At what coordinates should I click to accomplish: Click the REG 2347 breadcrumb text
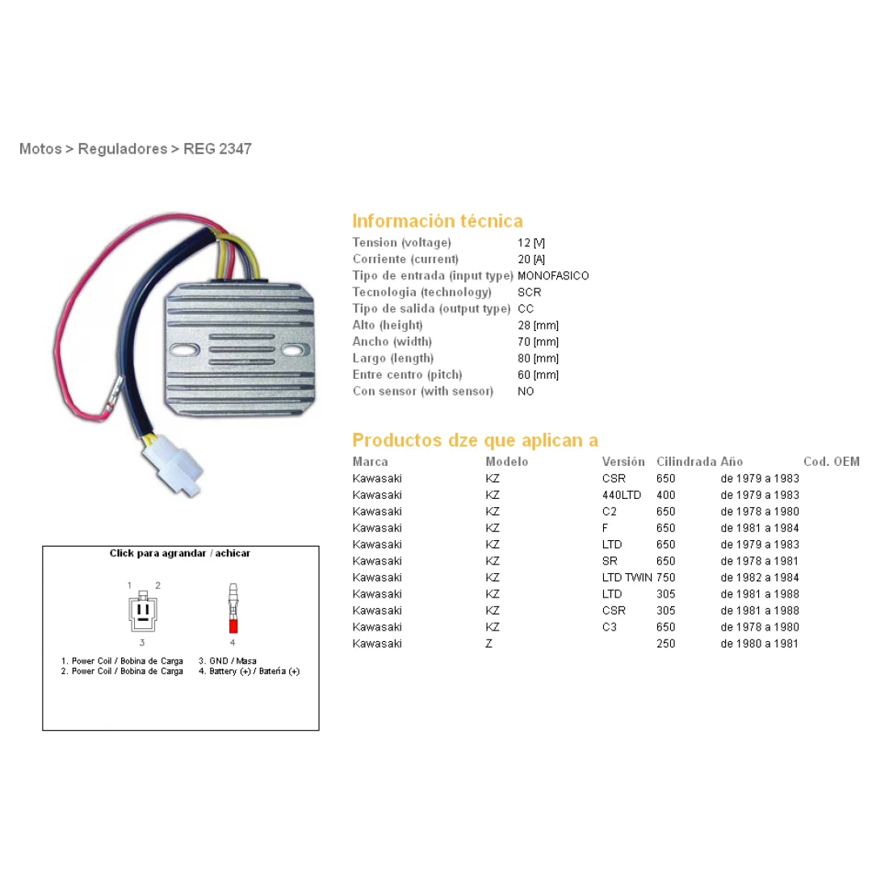[x=217, y=149]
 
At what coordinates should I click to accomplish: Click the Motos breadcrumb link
[x=40, y=149]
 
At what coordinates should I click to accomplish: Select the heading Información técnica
[x=437, y=221]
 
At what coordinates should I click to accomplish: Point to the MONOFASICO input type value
[x=553, y=276]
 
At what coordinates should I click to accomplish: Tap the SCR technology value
[x=530, y=292]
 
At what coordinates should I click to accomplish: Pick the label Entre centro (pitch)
[x=407, y=375]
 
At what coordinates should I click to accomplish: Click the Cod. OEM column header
[x=831, y=462]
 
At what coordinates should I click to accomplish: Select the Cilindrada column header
[x=686, y=462]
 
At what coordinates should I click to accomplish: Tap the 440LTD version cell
[x=621, y=495]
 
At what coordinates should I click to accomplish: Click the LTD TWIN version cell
[x=627, y=577]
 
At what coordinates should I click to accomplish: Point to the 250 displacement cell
[x=666, y=644]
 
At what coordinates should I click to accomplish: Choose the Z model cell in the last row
[x=488, y=644]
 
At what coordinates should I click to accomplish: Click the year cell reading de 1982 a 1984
[x=760, y=577]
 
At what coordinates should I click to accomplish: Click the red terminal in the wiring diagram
[x=233, y=626]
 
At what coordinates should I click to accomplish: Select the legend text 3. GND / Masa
[x=228, y=660]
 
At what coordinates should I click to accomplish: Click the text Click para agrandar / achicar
[x=180, y=554]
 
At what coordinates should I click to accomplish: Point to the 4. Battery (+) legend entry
[x=249, y=671]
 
